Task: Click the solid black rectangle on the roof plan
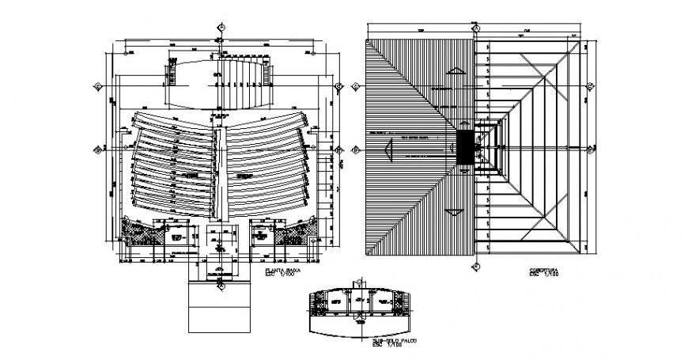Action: pyautogui.click(x=467, y=147)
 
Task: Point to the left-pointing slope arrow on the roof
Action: pyautogui.click(x=387, y=148)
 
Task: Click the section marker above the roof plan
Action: pyautogui.click(x=478, y=28)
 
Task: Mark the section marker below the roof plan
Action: pyautogui.click(x=478, y=267)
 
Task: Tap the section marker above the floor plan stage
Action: pyautogui.click(x=221, y=28)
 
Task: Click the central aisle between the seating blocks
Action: pyautogui.click(x=221, y=170)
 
